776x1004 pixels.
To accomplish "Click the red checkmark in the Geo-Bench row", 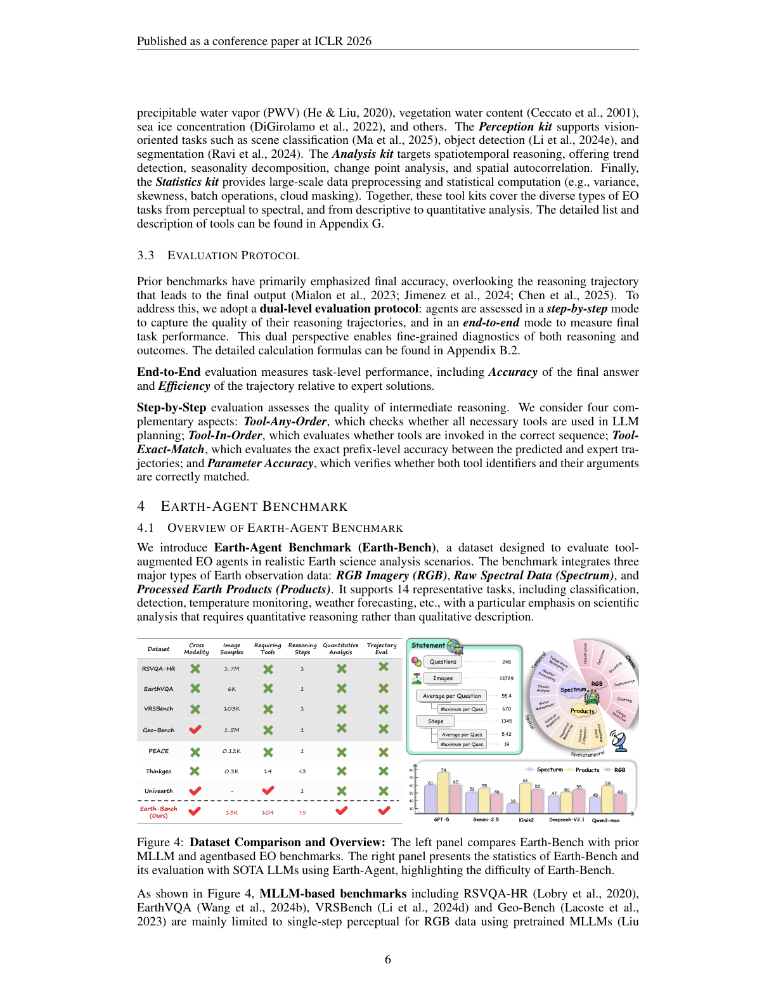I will (x=195, y=730).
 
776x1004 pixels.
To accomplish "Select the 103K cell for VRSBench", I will (x=231, y=709).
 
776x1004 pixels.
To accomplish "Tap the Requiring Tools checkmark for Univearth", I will (x=268, y=790).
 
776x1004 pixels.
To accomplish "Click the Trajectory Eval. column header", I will (x=382, y=648).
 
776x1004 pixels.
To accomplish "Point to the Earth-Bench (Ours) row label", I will (x=158, y=812).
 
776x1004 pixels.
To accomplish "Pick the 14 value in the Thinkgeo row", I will (x=268, y=771).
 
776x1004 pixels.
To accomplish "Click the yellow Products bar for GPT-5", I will (x=443, y=793).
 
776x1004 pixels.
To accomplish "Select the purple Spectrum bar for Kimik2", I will (x=512, y=808).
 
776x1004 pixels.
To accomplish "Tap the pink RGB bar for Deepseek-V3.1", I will (x=579, y=801).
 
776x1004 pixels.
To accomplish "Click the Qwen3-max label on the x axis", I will (x=605, y=820).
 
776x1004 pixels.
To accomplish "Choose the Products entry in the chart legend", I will (x=587, y=770).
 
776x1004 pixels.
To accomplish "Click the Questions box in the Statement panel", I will (x=443, y=662).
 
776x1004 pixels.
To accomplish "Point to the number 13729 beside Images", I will (x=506, y=678).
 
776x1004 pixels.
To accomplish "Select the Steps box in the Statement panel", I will (x=436, y=721).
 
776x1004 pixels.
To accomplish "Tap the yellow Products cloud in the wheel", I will (x=582, y=711).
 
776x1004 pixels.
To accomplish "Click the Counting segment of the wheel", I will (x=624, y=700).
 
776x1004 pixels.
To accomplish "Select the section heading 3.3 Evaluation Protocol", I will (x=218, y=255).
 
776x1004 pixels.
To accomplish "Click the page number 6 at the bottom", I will (x=388, y=960).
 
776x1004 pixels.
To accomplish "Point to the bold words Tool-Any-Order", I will (x=285, y=422).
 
